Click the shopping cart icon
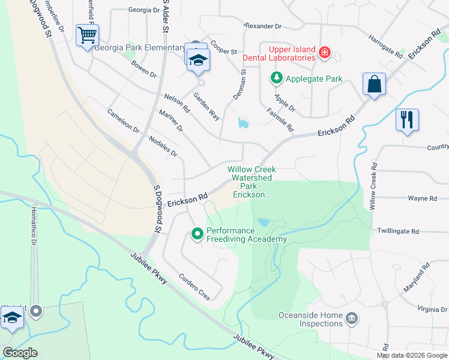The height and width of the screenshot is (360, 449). pyautogui.click(x=87, y=35)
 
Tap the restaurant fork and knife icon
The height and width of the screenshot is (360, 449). pyautogui.click(x=406, y=119)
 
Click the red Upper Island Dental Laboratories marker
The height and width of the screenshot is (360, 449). pyautogui.click(x=325, y=53)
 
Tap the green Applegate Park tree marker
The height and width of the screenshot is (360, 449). pyautogui.click(x=276, y=78)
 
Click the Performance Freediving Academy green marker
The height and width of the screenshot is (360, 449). pyautogui.click(x=197, y=234)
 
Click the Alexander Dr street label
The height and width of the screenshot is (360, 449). pyautogui.click(x=262, y=26)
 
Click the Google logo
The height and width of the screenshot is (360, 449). pyautogui.click(x=20, y=353)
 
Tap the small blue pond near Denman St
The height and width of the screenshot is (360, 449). pyautogui.click(x=243, y=124)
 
